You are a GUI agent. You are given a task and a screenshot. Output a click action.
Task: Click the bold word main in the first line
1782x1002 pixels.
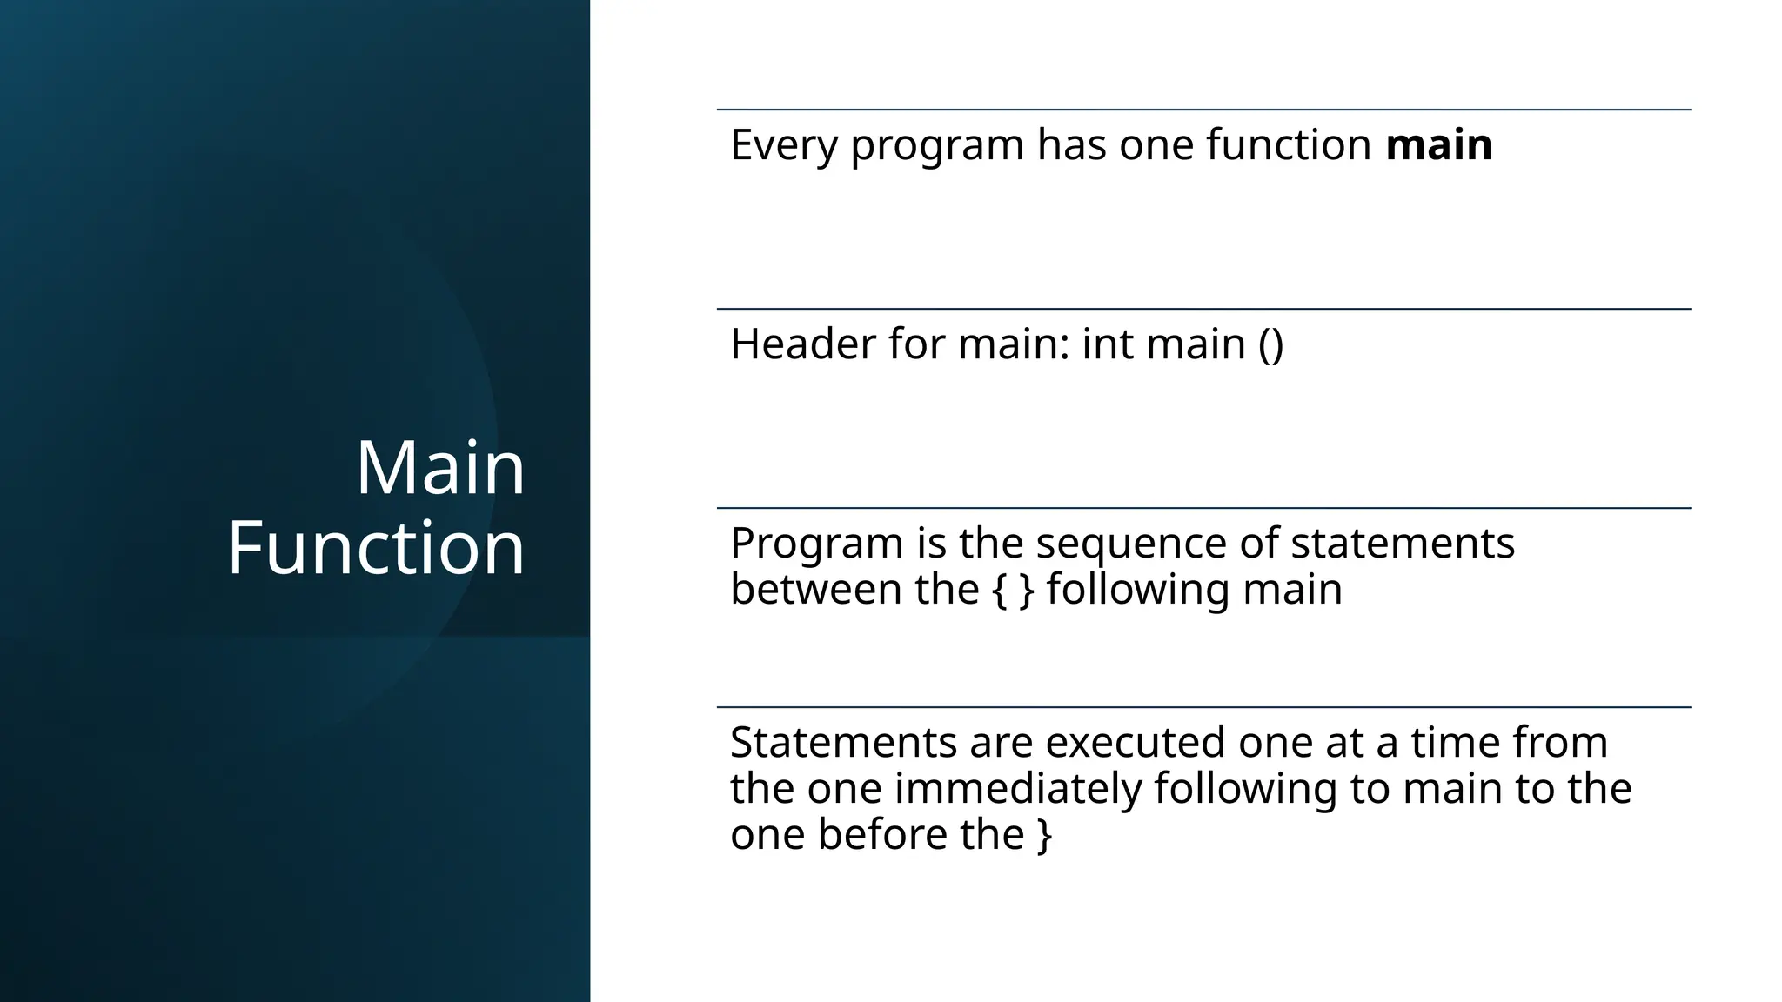(x=1438, y=144)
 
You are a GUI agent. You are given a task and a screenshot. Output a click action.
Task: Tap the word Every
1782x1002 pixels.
(x=783, y=144)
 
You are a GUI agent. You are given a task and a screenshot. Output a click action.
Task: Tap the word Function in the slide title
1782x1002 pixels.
(x=376, y=548)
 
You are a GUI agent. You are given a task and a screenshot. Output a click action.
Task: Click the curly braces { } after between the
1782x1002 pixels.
(x=1013, y=590)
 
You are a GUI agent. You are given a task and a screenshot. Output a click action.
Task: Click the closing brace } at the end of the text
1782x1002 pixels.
(x=1044, y=835)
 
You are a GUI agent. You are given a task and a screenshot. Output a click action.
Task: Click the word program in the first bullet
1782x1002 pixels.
(x=936, y=146)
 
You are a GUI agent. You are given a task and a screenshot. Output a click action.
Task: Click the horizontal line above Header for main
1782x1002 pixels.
(x=1203, y=309)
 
